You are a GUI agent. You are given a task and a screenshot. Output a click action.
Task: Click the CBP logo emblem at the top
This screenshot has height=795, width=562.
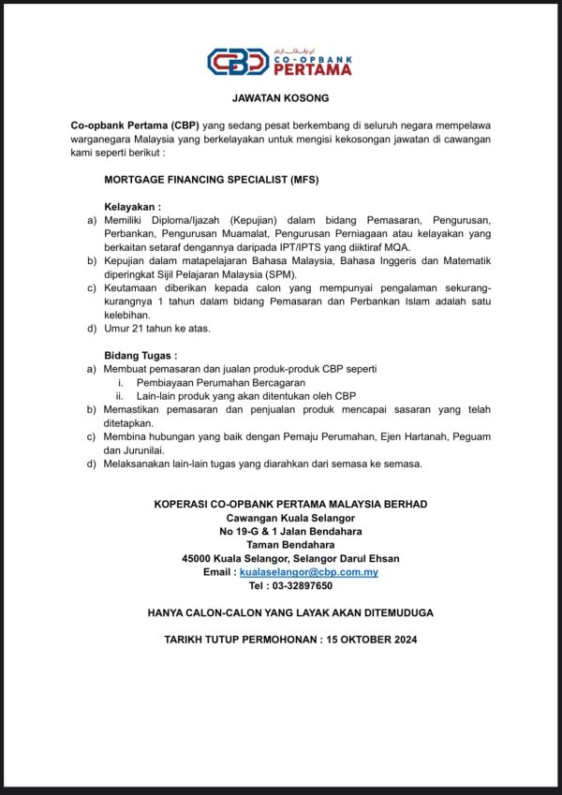[238, 62]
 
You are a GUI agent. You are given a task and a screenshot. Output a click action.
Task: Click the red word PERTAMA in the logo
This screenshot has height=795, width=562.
[314, 68]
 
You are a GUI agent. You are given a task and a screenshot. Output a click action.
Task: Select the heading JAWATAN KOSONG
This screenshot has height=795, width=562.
[280, 97]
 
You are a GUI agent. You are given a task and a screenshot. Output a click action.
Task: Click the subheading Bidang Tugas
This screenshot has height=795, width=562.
[140, 356]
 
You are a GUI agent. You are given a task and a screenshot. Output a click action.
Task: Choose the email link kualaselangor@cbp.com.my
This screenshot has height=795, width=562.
[309, 571]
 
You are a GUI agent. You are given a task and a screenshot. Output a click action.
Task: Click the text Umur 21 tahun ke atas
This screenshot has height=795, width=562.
[156, 328]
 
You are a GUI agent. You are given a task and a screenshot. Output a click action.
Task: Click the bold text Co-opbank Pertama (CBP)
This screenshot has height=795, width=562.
[134, 125]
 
